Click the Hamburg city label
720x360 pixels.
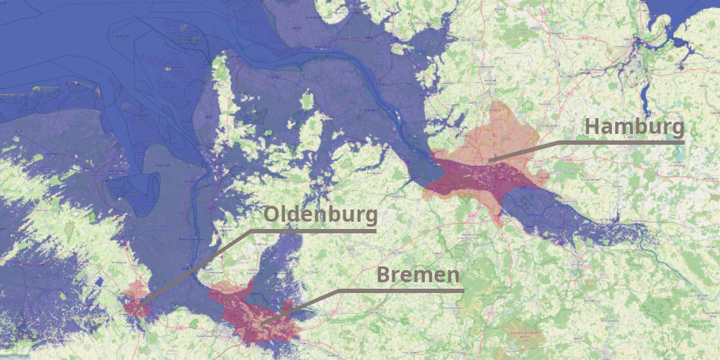(x=634, y=127)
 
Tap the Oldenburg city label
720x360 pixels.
(x=320, y=215)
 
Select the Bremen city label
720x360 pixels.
(x=418, y=275)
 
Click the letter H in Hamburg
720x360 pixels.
(x=592, y=127)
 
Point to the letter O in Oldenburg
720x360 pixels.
(x=271, y=215)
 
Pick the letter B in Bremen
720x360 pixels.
(x=384, y=275)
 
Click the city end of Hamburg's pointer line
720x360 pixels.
(x=489, y=160)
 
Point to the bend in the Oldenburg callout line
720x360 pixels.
(x=251, y=232)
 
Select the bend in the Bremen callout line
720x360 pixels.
(x=338, y=291)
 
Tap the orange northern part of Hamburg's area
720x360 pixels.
(x=497, y=130)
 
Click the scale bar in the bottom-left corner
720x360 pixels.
(x=14, y=356)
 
